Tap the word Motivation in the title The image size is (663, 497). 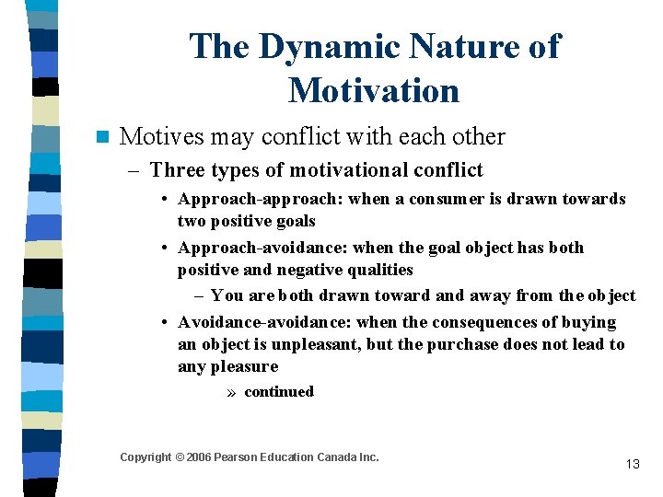[x=373, y=91]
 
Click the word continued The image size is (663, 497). [x=279, y=392]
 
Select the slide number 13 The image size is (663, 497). [x=632, y=464]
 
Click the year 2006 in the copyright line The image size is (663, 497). [x=199, y=457]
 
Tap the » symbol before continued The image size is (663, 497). [x=234, y=392]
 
